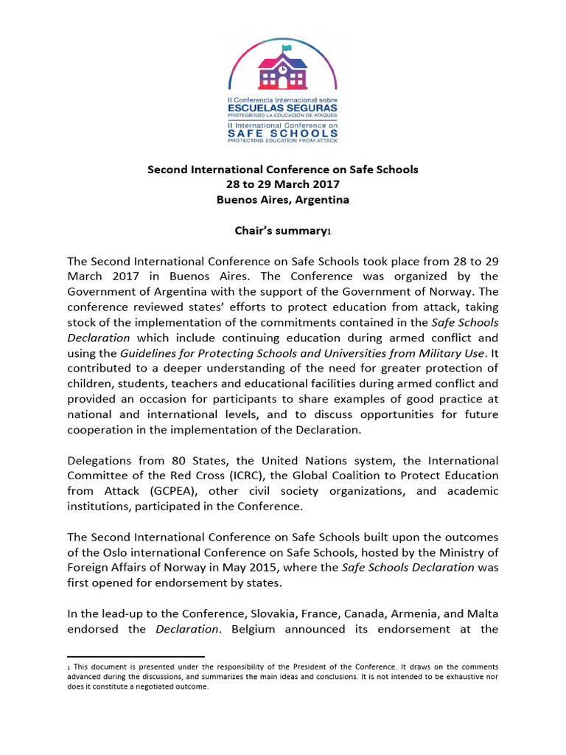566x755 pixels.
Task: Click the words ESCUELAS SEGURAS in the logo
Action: [283, 107]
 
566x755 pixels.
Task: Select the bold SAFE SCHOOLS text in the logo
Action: [283, 133]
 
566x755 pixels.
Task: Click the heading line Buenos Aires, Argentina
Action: [283, 200]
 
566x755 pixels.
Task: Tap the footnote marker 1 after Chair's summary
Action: [329, 232]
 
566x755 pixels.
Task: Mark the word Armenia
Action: [419, 615]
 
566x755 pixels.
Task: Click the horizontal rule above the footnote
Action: [136, 656]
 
